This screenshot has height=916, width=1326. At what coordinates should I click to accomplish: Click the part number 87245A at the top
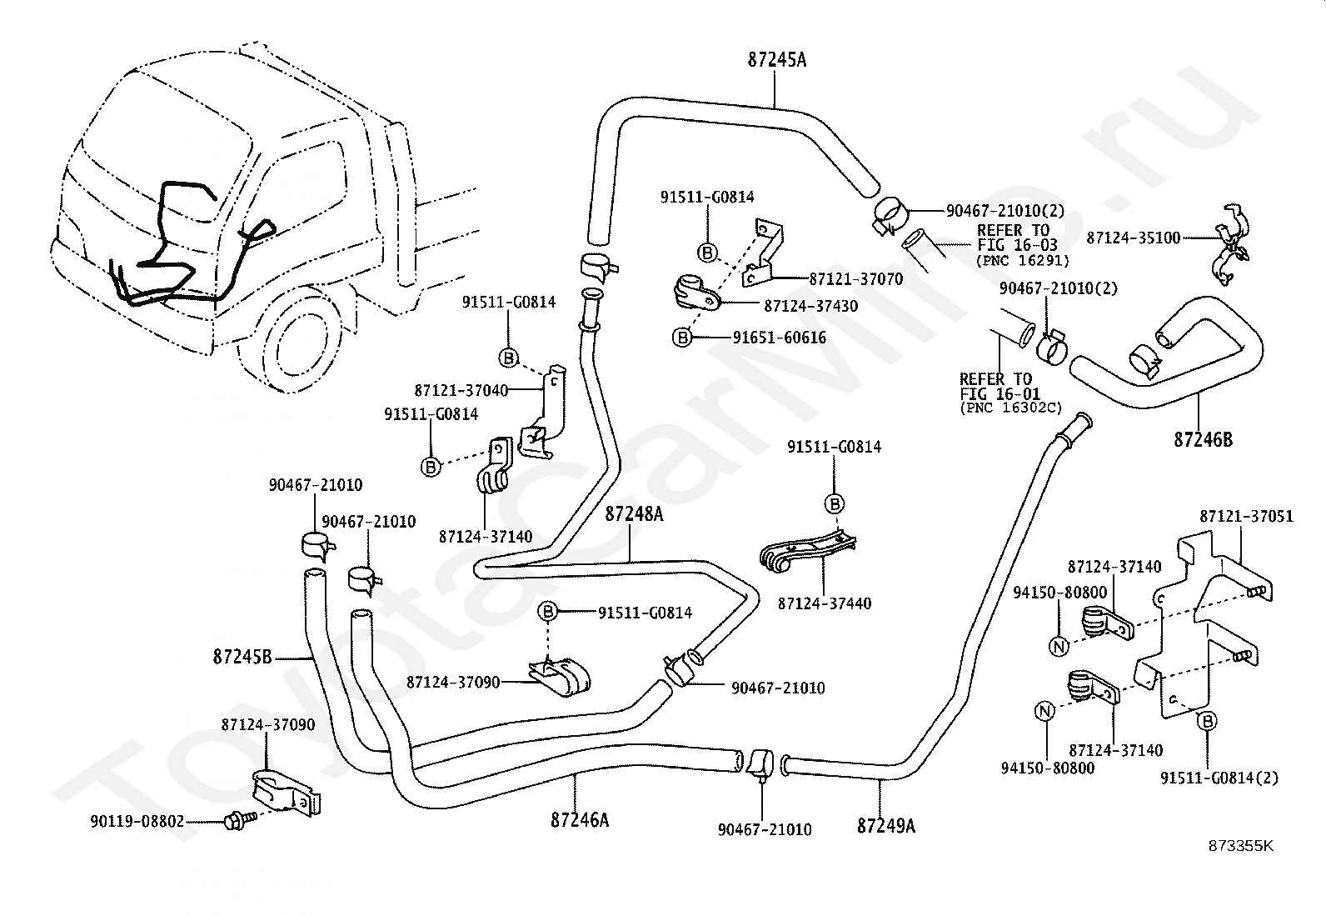pyautogui.click(x=776, y=61)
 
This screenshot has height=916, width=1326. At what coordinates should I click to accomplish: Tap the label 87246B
pyautogui.click(x=1204, y=439)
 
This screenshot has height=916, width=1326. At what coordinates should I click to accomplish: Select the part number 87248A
pyautogui.click(x=634, y=513)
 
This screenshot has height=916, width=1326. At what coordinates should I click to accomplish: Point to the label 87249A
pyautogui.click(x=885, y=825)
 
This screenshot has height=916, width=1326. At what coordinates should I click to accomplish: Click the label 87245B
pyautogui.click(x=242, y=657)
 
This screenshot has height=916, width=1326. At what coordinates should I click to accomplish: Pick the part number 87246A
pyautogui.click(x=580, y=820)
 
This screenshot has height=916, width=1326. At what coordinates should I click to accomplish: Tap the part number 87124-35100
pyautogui.click(x=1133, y=238)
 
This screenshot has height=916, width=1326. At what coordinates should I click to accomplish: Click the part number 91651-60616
pyautogui.click(x=779, y=337)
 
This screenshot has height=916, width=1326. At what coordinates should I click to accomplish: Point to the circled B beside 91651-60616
pyautogui.click(x=682, y=338)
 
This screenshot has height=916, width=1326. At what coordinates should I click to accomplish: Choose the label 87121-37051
pyautogui.click(x=1247, y=516)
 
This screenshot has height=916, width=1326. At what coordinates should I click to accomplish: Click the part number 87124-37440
pyautogui.click(x=824, y=603)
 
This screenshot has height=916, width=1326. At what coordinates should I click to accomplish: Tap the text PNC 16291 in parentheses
pyautogui.click(x=1023, y=260)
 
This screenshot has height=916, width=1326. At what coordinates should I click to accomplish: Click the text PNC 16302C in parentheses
pyautogui.click(x=1011, y=408)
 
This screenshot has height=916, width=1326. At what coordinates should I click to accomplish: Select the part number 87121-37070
pyautogui.click(x=856, y=279)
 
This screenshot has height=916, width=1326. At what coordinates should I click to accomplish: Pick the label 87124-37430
pyautogui.click(x=811, y=306)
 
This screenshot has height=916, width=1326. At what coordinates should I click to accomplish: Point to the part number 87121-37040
pyautogui.click(x=461, y=390)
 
